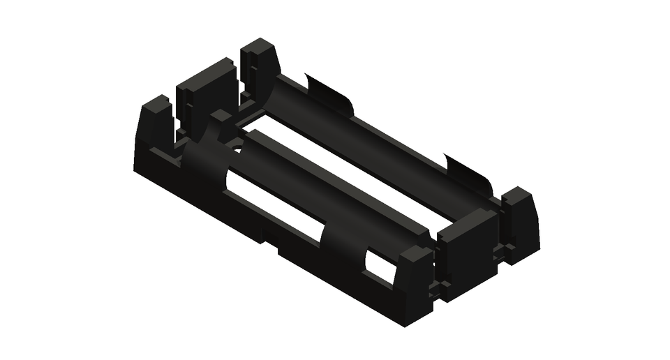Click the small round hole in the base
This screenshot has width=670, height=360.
237,148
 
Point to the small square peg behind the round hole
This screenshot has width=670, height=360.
223,118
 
